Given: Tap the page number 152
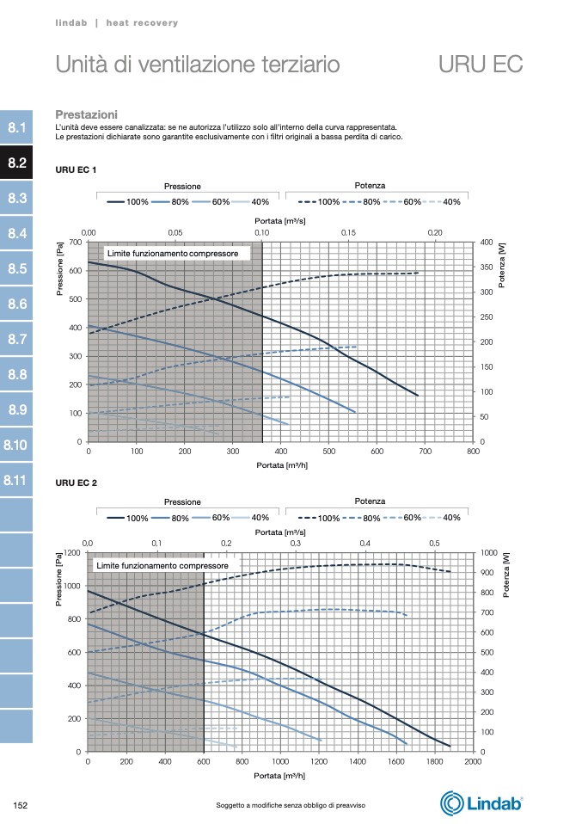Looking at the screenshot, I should point(21,805).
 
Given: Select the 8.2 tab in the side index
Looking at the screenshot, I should point(17,163).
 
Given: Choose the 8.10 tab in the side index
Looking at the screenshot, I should point(15,446).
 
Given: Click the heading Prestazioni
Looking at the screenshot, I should point(86,114).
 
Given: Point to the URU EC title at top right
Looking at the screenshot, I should point(480,65).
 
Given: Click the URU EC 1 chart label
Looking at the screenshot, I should point(76,169).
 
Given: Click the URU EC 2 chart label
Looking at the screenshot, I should point(76,483).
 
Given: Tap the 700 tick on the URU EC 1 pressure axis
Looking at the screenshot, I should point(76,243).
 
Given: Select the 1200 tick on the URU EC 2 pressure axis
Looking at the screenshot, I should point(74,553).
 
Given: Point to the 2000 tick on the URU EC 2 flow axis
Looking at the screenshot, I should point(472,762).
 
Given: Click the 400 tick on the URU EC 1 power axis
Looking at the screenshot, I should point(487,243).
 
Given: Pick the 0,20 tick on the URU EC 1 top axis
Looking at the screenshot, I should point(435,233).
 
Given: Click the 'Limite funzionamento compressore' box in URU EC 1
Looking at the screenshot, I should point(178,253).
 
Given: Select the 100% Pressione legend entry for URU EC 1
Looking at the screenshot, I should point(128,202).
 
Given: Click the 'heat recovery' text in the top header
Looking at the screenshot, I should point(142,23).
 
